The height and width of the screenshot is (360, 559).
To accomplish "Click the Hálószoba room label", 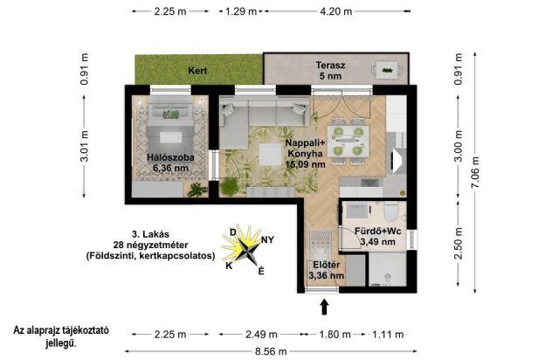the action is (170, 157).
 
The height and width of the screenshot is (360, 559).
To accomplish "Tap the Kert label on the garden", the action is (197, 71).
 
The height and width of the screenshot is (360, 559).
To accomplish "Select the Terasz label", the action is (330, 66).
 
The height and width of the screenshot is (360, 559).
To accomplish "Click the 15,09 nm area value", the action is (305, 164).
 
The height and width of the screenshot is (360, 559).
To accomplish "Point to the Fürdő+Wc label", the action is (377, 232).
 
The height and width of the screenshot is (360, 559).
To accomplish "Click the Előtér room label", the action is (326, 265).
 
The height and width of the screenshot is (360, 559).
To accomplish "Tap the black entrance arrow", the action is (324, 307).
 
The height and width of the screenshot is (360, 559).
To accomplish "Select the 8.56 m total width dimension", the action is (271, 351).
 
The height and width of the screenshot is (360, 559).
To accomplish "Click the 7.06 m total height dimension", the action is (475, 172).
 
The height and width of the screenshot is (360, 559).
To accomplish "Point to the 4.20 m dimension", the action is (335, 11).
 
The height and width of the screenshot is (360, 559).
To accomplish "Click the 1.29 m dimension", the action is (241, 11).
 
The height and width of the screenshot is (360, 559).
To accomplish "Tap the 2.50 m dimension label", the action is (459, 243).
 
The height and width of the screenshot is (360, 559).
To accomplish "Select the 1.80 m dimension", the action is (335, 335).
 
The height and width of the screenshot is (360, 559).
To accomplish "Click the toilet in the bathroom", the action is (391, 212).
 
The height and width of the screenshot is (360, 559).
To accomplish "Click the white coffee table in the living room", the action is (270, 154).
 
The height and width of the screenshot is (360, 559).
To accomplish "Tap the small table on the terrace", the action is (387, 70).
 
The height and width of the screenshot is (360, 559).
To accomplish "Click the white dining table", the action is (348, 142).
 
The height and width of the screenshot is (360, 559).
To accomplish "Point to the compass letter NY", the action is (268, 239).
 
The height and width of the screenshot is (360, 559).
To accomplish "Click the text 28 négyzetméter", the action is (150, 246).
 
